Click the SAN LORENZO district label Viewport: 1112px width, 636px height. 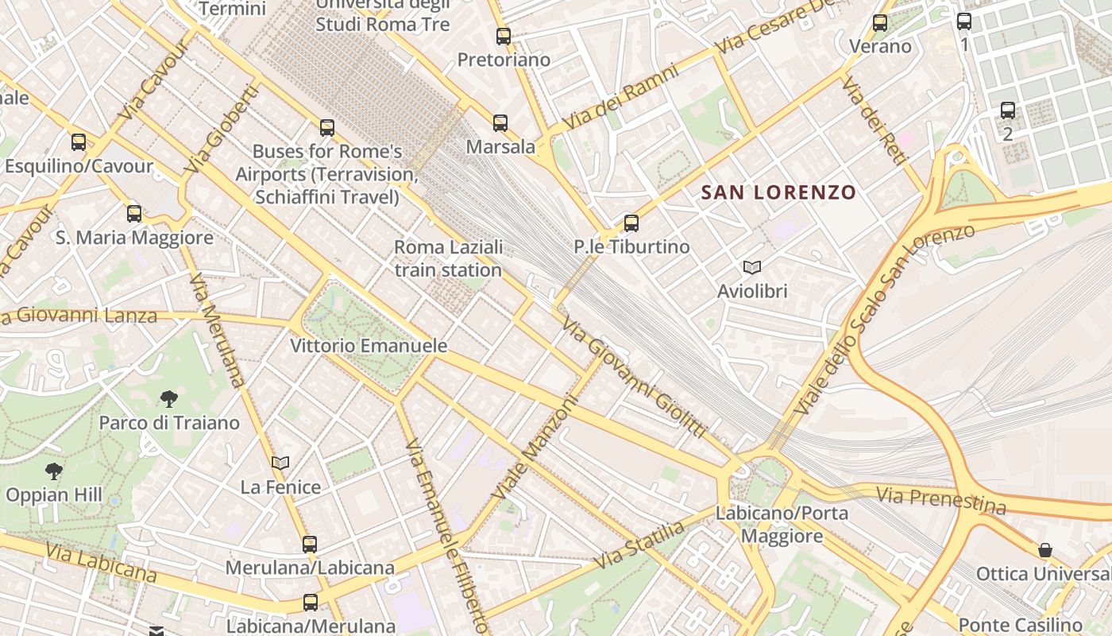[x=778, y=192]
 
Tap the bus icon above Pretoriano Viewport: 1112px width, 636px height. [x=503, y=36]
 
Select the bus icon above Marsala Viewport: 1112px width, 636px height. [x=500, y=123]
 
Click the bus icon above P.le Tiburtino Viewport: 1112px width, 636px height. [x=631, y=223]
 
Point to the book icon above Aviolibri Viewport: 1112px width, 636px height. [x=751, y=268]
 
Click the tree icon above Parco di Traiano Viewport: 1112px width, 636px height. [x=168, y=398]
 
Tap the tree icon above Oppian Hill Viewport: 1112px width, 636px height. [x=54, y=471]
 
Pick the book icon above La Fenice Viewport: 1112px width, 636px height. [x=280, y=463]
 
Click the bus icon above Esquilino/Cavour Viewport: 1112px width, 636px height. [x=78, y=142]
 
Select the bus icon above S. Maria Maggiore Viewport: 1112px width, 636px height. [x=133, y=213]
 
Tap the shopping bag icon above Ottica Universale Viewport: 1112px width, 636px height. [x=1045, y=550]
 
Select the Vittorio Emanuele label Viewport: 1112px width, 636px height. [x=369, y=347]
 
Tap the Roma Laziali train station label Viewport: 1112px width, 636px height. [x=448, y=258]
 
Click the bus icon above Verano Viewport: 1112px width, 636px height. [x=880, y=23]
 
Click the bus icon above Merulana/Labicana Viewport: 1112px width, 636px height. [x=310, y=545]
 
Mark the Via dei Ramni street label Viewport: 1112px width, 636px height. [x=620, y=99]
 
